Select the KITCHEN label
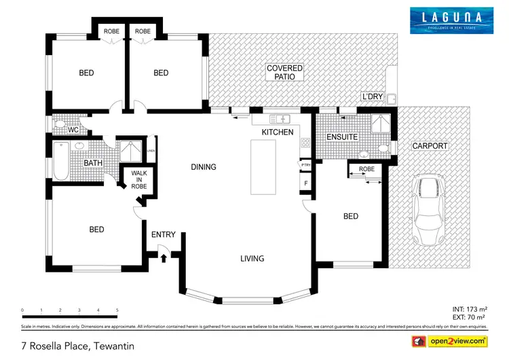(x=278, y=132)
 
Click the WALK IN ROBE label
(x=139, y=179)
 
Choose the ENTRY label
(x=163, y=235)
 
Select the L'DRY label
(x=373, y=97)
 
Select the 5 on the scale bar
(x=117, y=310)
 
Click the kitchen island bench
(x=265, y=166)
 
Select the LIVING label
(x=252, y=259)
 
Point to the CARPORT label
(x=430, y=146)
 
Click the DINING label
(x=203, y=167)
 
